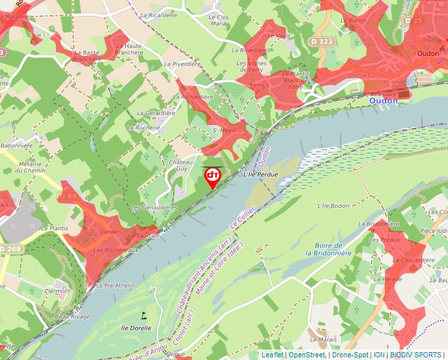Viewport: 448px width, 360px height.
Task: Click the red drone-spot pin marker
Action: (x=213, y=176)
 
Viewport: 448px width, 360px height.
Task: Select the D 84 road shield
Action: (x=68, y=195)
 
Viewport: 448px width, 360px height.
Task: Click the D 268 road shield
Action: (x=10, y=249)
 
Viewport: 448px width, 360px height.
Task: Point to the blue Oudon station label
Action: (x=383, y=101)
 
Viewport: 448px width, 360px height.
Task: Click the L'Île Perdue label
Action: (x=261, y=174)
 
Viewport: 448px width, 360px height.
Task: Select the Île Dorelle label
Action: (x=136, y=328)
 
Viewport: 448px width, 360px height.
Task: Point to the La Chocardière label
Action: (x=414, y=260)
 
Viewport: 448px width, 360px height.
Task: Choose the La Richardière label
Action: (x=193, y=97)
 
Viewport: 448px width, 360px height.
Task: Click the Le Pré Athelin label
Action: (x=115, y=286)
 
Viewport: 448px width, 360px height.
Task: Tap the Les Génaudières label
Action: (x=154, y=207)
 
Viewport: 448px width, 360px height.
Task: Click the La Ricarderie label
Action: (x=159, y=15)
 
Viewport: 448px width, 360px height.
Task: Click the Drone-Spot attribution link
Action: (x=350, y=355)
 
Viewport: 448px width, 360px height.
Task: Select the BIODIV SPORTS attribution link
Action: (x=416, y=355)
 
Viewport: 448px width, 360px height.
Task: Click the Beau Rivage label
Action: (x=72, y=317)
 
